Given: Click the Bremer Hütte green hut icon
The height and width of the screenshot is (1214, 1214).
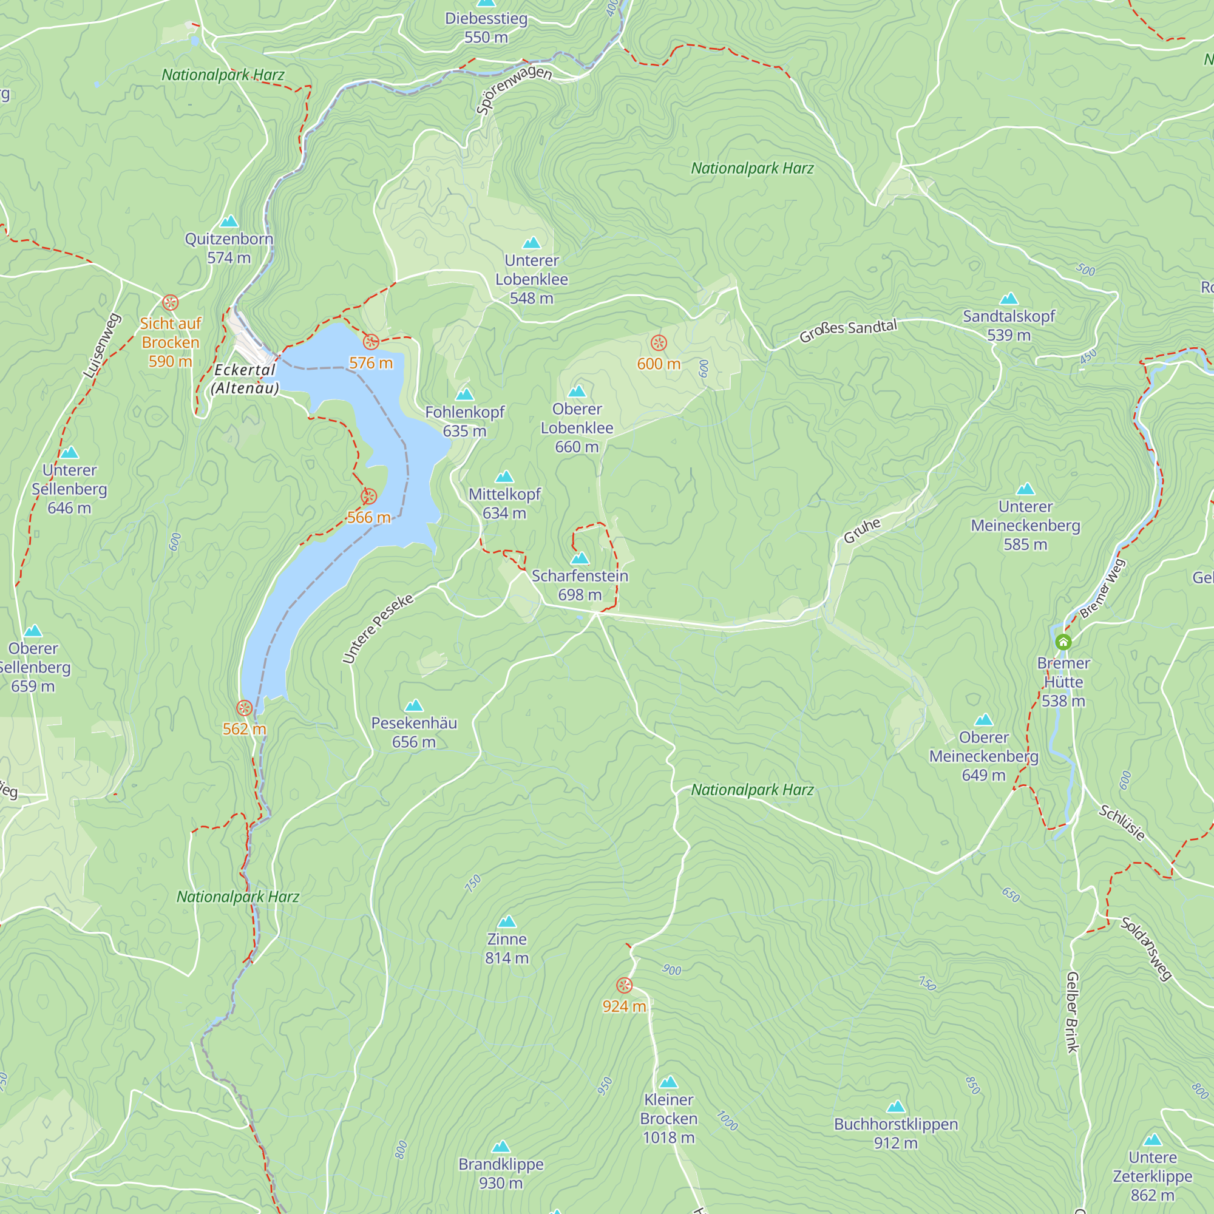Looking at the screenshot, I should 1063,642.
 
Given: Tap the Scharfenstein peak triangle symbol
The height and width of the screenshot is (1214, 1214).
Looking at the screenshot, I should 579,558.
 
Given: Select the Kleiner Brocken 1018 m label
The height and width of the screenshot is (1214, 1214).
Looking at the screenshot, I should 668,1119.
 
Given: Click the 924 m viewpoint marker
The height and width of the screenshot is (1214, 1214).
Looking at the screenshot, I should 624,985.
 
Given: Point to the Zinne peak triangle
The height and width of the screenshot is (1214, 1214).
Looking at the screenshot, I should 506,922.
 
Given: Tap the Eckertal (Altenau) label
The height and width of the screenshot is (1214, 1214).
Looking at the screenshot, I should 245,379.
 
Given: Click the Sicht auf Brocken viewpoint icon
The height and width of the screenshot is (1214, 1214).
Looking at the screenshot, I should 171,303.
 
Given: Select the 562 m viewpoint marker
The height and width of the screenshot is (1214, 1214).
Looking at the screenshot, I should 245,708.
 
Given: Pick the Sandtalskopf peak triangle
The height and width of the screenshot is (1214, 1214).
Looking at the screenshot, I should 1008,299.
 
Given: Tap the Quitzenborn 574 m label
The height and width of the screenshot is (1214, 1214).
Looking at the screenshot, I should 229,248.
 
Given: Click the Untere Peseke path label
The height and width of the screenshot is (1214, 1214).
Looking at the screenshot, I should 378,628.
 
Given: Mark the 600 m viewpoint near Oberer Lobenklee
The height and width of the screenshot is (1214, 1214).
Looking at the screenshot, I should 659,343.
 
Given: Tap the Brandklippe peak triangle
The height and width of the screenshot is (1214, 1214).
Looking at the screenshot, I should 501,1147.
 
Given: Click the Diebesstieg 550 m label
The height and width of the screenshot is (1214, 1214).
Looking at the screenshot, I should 486,28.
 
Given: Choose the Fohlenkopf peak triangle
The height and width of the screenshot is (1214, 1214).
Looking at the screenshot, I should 464,395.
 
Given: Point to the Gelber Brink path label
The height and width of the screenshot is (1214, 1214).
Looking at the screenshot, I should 1072,1012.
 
